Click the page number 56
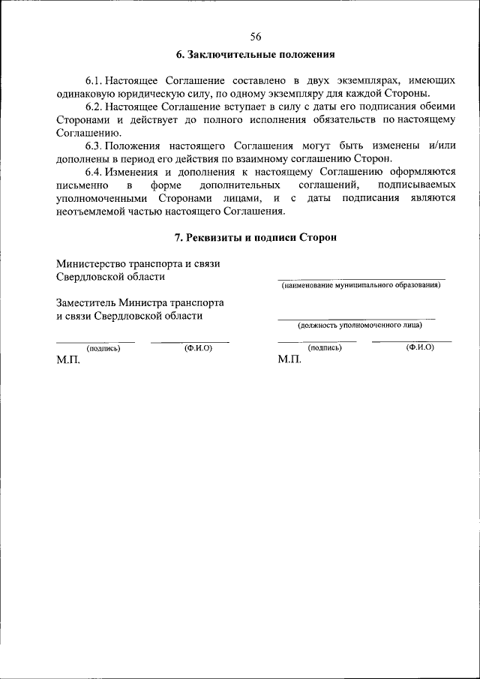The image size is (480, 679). [256, 36]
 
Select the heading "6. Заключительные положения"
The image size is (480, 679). [255, 55]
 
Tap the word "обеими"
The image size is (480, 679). [436, 107]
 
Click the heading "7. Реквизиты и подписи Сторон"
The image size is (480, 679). [255, 237]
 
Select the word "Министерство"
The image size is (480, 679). [90, 263]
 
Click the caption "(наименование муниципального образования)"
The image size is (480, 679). [361, 286]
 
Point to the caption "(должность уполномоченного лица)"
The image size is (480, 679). [359, 325]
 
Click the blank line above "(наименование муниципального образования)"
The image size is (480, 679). [361, 278]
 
